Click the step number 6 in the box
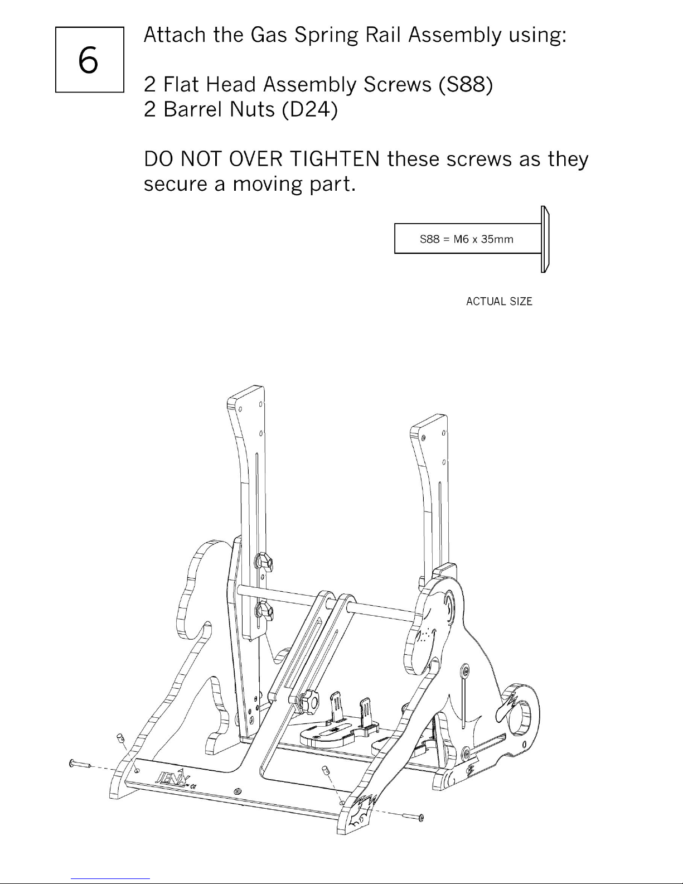point(88,60)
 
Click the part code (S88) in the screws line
point(466,85)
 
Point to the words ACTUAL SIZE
point(499,301)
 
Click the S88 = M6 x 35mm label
point(467,239)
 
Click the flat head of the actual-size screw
point(545,239)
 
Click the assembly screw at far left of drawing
point(81,765)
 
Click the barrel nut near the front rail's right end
point(326,770)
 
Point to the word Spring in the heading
point(326,36)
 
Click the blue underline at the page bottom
point(110,878)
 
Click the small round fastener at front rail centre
point(238,791)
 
